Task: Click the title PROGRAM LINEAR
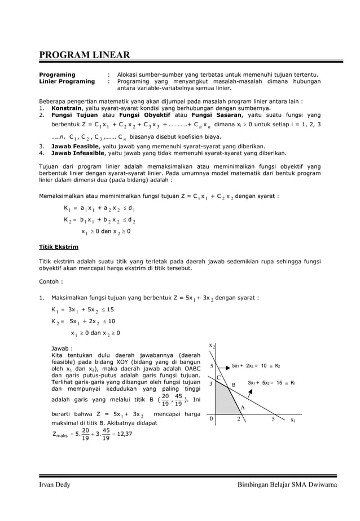[x=84, y=55]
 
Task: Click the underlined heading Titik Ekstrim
[x=58, y=247]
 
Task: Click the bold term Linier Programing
[x=67, y=81]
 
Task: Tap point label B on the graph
[x=232, y=385]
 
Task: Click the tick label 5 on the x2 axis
[x=211, y=366]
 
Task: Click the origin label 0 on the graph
[x=211, y=419]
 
